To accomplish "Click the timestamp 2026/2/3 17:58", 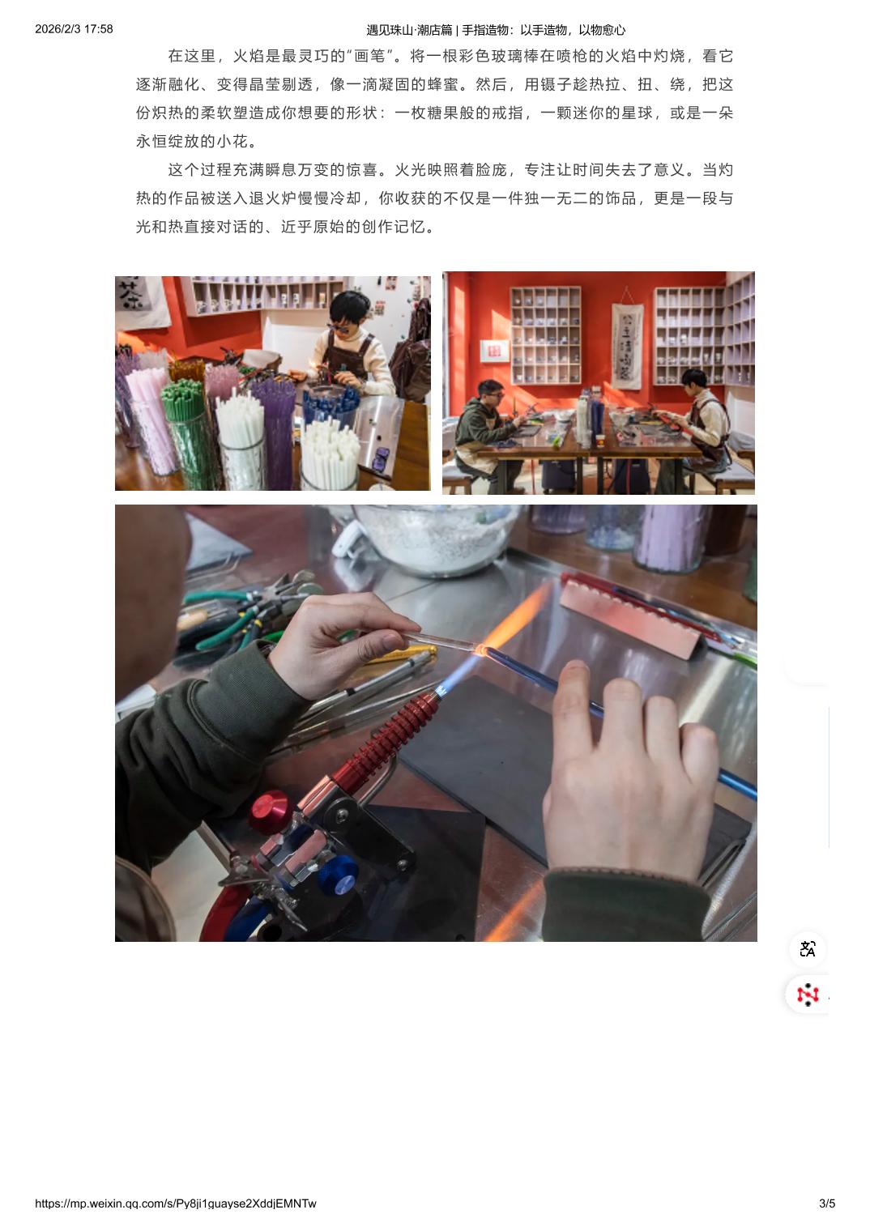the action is tap(74, 29).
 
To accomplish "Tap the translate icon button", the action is tap(808, 949).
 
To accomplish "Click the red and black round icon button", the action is tap(808, 995).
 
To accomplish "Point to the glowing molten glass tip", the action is tap(481, 650).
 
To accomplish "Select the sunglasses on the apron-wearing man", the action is tap(336, 327).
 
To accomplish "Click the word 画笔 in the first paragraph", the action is tap(369, 56).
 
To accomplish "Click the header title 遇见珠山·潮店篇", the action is tap(409, 30).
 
